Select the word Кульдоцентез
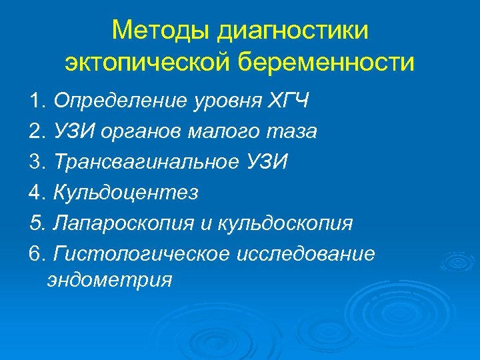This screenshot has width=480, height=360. [126, 193]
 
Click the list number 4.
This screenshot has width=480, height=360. [36, 193]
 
